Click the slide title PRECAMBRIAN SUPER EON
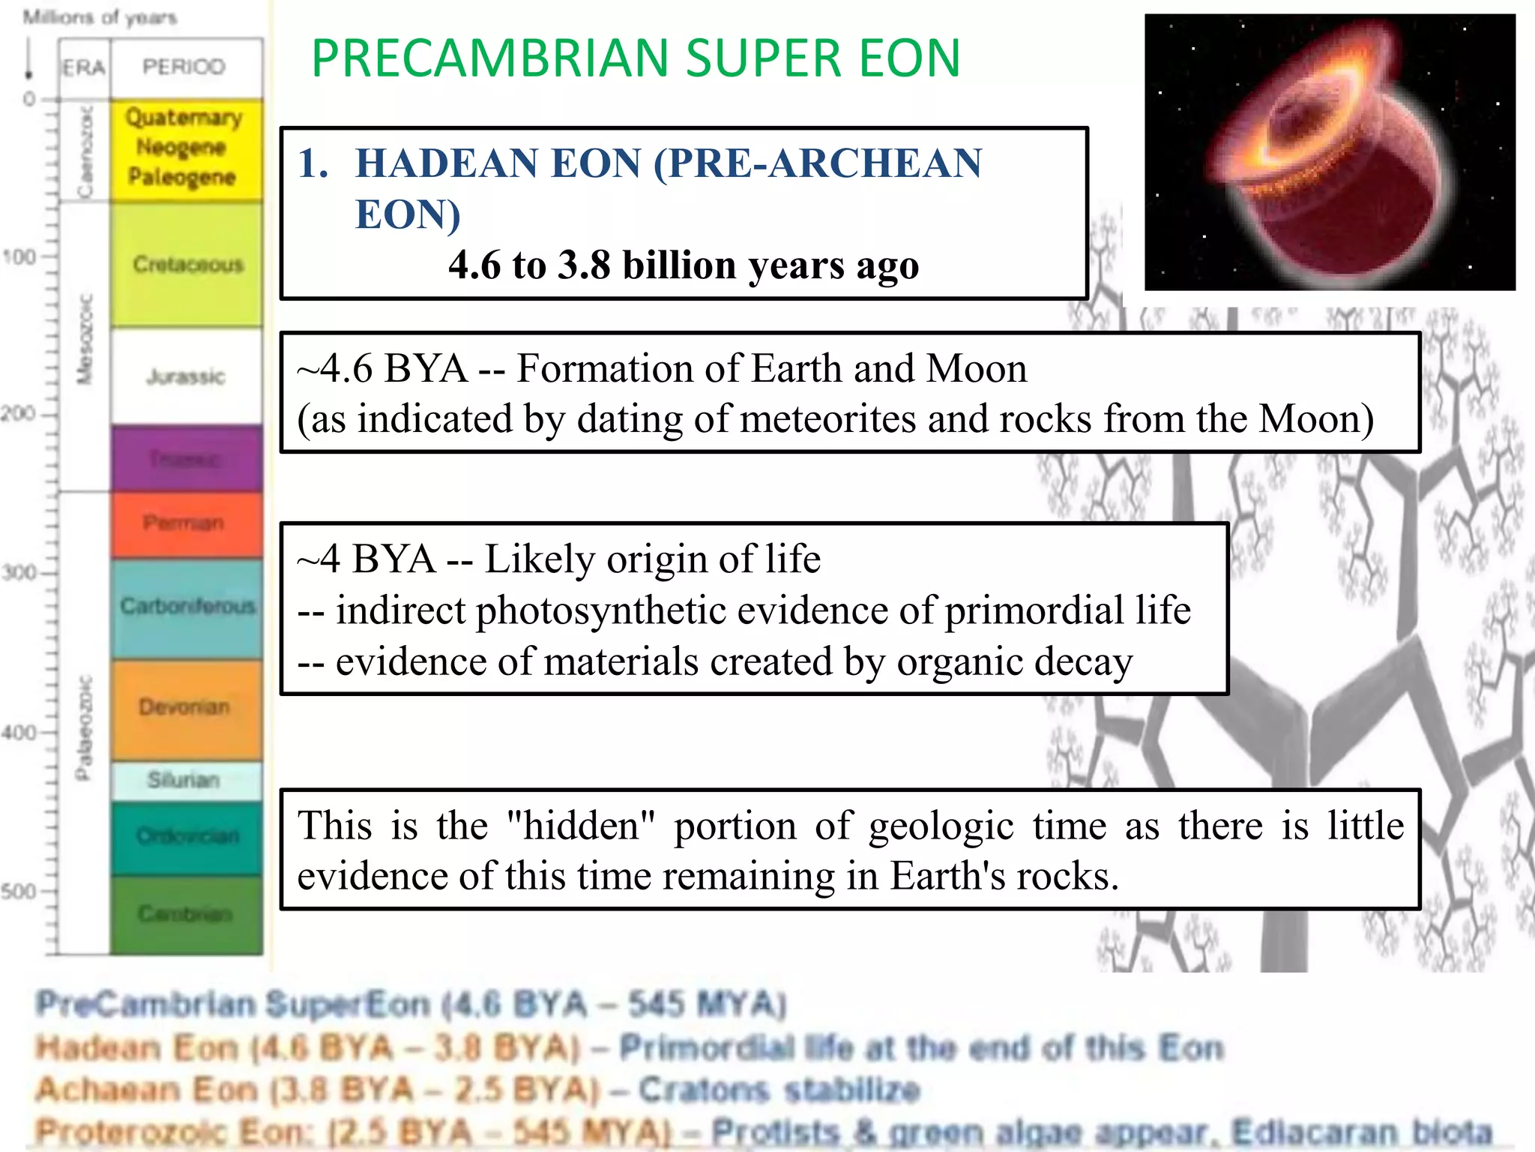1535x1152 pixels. pos(636,58)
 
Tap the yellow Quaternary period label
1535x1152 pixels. pos(184,118)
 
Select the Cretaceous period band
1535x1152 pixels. pos(187,264)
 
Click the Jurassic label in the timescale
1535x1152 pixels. pos(186,376)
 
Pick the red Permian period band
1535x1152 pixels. pos(184,523)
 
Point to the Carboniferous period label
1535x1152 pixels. pos(187,605)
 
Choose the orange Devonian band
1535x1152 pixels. pos(185,706)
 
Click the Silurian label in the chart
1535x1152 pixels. pos(184,780)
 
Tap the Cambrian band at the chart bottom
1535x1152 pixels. pos(186,913)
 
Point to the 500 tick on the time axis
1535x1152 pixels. pos(19,892)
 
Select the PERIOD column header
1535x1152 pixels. pos(184,67)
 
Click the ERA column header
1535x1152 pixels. pos(83,68)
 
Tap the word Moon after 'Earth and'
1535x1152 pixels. pos(976,369)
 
